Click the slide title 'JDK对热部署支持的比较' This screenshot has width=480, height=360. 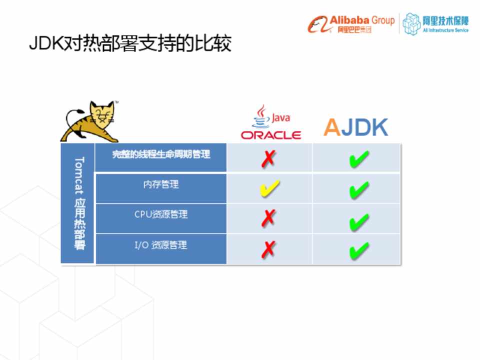130,43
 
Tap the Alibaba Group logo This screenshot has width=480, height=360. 351,24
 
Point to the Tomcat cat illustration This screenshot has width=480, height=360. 89,121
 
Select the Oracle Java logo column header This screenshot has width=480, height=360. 271,122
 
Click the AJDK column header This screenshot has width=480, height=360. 355,127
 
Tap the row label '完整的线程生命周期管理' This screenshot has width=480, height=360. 161,154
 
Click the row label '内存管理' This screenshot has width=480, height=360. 161,184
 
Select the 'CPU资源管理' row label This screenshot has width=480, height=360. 161,214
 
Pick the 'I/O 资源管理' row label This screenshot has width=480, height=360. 161,245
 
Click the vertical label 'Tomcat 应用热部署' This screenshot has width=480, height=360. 79,203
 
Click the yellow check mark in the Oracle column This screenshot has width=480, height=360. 269,187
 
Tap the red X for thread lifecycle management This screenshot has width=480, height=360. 268,159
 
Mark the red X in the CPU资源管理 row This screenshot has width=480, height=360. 268,218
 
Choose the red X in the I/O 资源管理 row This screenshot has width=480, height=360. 268,249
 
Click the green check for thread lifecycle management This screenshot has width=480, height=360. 359,159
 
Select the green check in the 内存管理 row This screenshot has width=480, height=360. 359,190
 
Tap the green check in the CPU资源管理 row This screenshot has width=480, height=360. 359,221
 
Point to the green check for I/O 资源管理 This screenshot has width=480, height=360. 359,251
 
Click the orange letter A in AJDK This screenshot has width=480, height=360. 332,127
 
